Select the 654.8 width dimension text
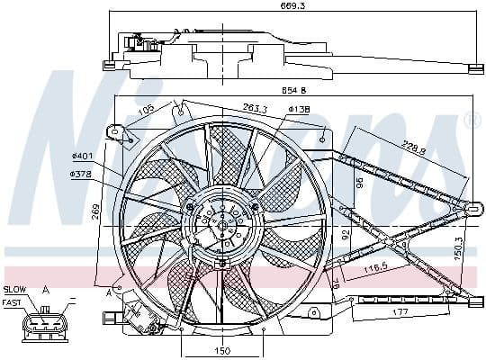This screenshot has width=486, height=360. point(292,91)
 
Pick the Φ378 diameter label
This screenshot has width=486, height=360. point(82,174)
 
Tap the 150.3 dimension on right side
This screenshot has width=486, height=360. point(458,245)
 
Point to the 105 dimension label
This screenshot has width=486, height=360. point(144,112)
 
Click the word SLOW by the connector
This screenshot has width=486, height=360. point(15,289)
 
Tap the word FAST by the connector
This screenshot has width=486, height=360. point(14,302)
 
